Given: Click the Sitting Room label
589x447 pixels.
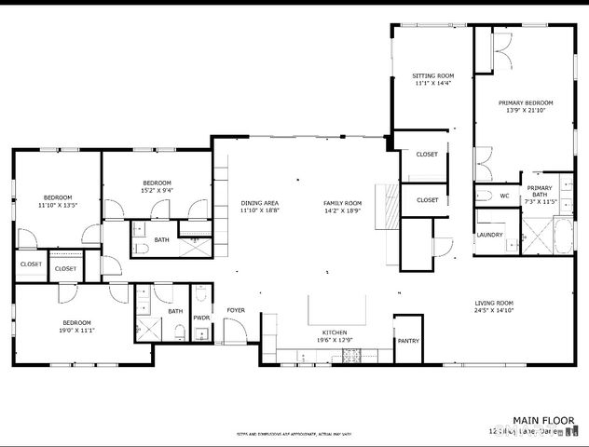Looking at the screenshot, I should coord(433,75).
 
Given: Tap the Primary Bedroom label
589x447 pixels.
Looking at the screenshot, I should coord(526,102).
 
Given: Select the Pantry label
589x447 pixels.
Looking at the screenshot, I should coord(408,341).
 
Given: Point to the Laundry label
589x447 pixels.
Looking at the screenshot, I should coord(489,235).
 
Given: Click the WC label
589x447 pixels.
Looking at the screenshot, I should coord(503,196).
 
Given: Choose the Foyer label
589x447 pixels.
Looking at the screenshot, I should coord(236,310).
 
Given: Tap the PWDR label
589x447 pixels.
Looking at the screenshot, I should coord(202,318).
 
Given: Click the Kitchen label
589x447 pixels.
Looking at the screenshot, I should coord(335,332).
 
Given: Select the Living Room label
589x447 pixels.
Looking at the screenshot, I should coord(494,303).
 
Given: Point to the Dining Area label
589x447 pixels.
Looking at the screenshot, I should coord(260,203).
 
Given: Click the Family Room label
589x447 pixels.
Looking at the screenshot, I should coord(342,203).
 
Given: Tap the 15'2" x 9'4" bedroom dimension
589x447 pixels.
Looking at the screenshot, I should coord(157,190).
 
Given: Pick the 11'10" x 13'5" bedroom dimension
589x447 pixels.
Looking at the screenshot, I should coord(57,205).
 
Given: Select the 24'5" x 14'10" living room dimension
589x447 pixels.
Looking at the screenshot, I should coord(494,311).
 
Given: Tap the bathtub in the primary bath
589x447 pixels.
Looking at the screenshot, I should coord(562,237).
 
